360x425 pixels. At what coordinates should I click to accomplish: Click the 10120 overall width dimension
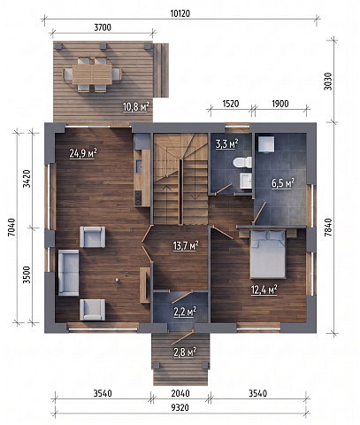pyautogui.click(x=180, y=13)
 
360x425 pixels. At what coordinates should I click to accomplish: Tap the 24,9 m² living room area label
pyautogui.click(x=83, y=153)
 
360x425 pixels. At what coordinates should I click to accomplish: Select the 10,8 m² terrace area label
pyautogui.click(x=135, y=107)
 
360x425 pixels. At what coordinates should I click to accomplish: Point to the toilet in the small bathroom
pyautogui.click(x=242, y=163)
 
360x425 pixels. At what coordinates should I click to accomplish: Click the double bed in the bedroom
pyautogui.click(x=268, y=254)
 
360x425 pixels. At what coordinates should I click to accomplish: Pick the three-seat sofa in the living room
pyautogui.click(x=68, y=273)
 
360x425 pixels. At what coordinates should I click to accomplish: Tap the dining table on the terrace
pyautogui.click(x=92, y=74)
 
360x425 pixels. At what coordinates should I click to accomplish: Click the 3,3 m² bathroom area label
pyautogui.click(x=226, y=144)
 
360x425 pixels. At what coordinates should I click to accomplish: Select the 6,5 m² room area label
pyautogui.click(x=283, y=183)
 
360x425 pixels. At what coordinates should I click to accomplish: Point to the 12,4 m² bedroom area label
pyautogui.click(x=264, y=290)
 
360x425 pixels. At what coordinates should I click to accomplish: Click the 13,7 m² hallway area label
pyautogui.click(x=186, y=245)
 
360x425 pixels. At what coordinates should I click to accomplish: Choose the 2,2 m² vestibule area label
pyautogui.click(x=185, y=312)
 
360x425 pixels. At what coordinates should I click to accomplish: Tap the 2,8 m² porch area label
pyautogui.click(x=185, y=352)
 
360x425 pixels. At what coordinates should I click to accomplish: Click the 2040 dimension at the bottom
pyautogui.click(x=180, y=393)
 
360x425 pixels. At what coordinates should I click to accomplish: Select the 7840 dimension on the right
pyautogui.click(x=328, y=228)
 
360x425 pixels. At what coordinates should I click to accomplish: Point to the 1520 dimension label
pyautogui.click(x=231, y=104)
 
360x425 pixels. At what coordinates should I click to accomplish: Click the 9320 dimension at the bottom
pyautogui.click(x=180, y=408)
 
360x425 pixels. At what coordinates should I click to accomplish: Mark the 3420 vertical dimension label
pyautogui.click(x=27, y=179)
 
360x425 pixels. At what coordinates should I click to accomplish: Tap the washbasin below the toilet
pyautogui.click(x=246, y=181)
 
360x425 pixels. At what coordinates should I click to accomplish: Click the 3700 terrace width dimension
pyautogui.click(x=103, y=27)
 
